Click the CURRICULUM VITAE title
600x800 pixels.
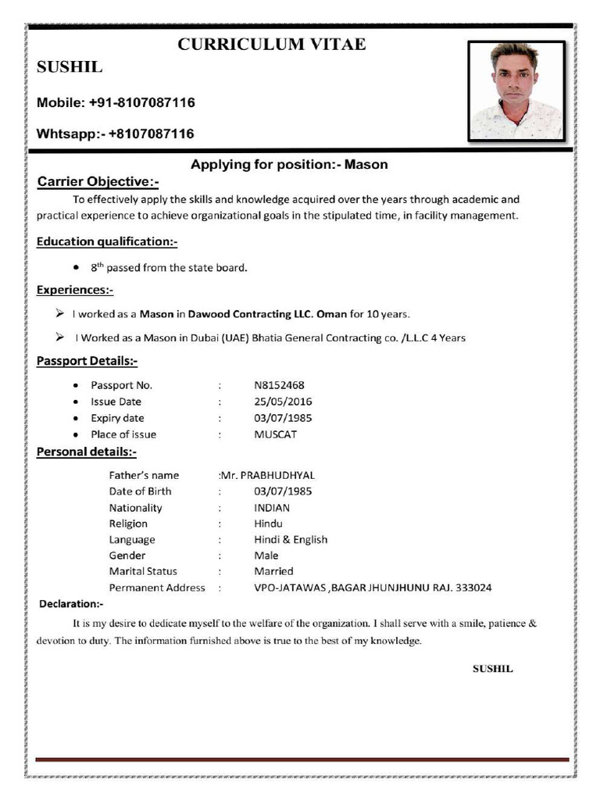coord(271,45)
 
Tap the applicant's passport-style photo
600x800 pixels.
coord(516,90)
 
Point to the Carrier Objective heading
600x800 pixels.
coord(98,182)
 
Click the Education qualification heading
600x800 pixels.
coord(107,241)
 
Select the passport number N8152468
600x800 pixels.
coord(279,385)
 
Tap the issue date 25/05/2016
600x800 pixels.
coord(283,402)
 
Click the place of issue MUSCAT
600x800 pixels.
coord(275,434)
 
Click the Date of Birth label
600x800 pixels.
coord(140,491)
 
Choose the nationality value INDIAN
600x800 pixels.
coord(272,508)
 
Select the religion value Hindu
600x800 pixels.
coord(268,523)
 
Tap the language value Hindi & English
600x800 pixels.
coord(291,540)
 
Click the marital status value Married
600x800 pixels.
coord(273,572)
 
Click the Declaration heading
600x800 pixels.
coord(71,604)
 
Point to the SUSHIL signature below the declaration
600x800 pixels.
coord(492,669)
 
